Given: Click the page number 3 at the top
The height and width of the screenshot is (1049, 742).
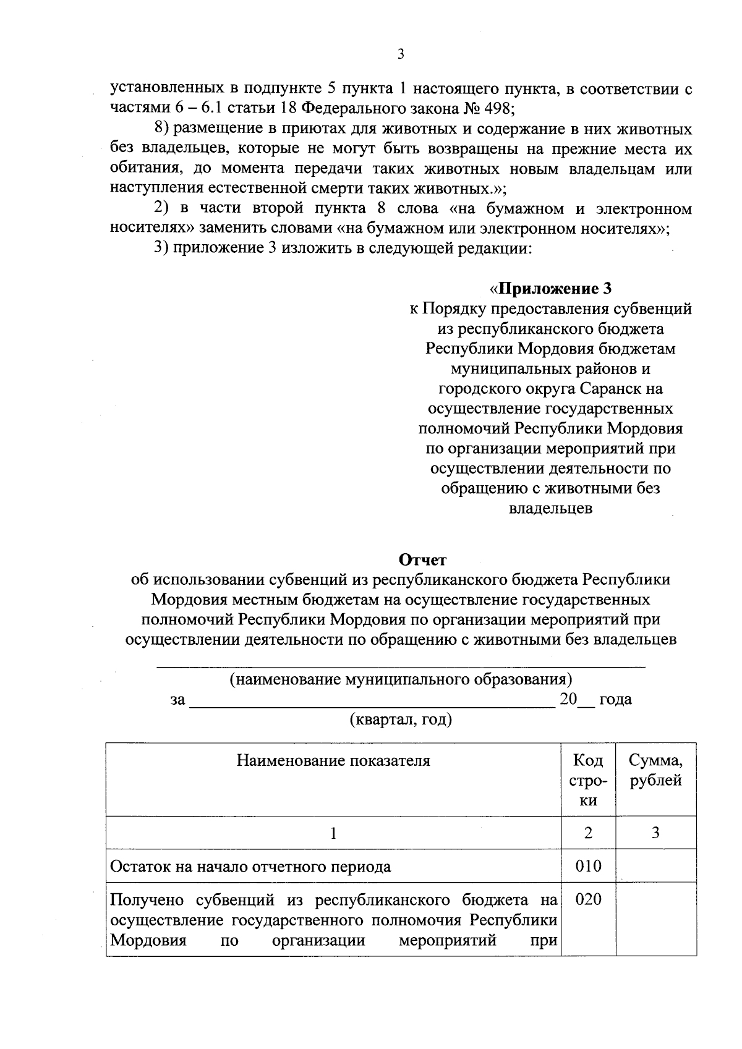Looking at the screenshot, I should (401, 55).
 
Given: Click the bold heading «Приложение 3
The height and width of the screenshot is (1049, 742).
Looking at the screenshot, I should (550, 289).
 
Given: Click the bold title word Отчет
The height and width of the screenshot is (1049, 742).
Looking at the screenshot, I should (422, 560).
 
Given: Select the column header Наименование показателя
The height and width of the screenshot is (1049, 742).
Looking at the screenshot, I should (333, 760).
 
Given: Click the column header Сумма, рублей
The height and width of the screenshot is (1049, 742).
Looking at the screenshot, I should (655, 770).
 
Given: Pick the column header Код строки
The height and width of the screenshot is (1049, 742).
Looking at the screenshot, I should (588, 780).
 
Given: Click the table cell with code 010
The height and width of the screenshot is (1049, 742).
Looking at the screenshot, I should (588, 866).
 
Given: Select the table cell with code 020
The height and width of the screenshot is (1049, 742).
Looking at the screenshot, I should (588, 899).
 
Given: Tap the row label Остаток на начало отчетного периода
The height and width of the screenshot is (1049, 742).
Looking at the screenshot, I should (250, 867).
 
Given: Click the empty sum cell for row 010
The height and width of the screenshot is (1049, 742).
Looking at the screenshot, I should (655, 866).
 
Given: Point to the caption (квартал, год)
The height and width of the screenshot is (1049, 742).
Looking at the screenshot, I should (401, 720).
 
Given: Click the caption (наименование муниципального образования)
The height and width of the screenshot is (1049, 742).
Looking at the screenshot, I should (401, 680).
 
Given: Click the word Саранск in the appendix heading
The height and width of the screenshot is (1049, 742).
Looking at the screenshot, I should (612, 389).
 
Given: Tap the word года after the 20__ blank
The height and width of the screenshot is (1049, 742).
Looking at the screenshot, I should (615, 700).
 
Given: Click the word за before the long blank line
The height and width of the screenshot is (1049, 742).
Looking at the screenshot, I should (178, 700).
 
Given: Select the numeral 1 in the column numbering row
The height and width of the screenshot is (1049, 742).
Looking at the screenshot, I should (333, 833).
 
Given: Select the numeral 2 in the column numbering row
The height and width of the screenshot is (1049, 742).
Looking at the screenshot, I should (588, 833).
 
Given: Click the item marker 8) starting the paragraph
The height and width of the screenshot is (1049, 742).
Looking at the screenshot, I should (161, 129).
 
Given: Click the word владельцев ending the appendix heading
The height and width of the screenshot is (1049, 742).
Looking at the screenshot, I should (550, 509).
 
